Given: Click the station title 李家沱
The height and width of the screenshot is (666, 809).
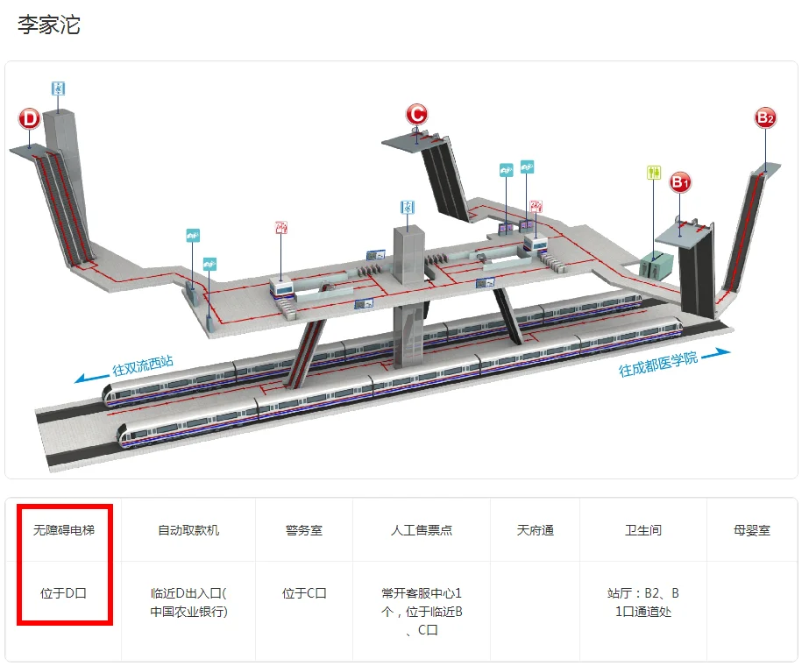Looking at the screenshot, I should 49,25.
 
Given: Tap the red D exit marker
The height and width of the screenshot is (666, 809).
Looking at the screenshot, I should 30,118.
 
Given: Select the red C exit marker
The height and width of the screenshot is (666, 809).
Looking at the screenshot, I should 416,113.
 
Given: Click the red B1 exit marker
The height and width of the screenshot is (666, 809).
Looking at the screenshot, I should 681,182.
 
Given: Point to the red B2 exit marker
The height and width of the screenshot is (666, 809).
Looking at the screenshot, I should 765,117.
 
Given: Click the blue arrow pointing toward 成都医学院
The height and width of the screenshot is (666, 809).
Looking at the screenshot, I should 716,353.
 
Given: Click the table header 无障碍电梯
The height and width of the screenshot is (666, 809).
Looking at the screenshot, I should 64,530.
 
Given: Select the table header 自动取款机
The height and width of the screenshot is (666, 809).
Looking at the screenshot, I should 188,530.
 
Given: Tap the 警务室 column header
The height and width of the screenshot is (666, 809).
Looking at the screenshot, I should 303,530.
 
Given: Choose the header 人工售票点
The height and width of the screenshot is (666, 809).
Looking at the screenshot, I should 422,530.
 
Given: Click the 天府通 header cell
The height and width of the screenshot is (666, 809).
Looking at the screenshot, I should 535,530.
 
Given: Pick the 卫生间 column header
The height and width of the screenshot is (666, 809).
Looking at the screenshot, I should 642,530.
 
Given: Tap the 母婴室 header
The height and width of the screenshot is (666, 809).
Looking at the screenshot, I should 752,530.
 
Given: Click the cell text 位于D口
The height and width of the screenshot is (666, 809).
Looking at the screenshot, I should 64,593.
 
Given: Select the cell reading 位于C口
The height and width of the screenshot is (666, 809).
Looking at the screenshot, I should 303,593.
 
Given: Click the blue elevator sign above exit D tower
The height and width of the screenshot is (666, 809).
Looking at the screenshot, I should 58,89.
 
